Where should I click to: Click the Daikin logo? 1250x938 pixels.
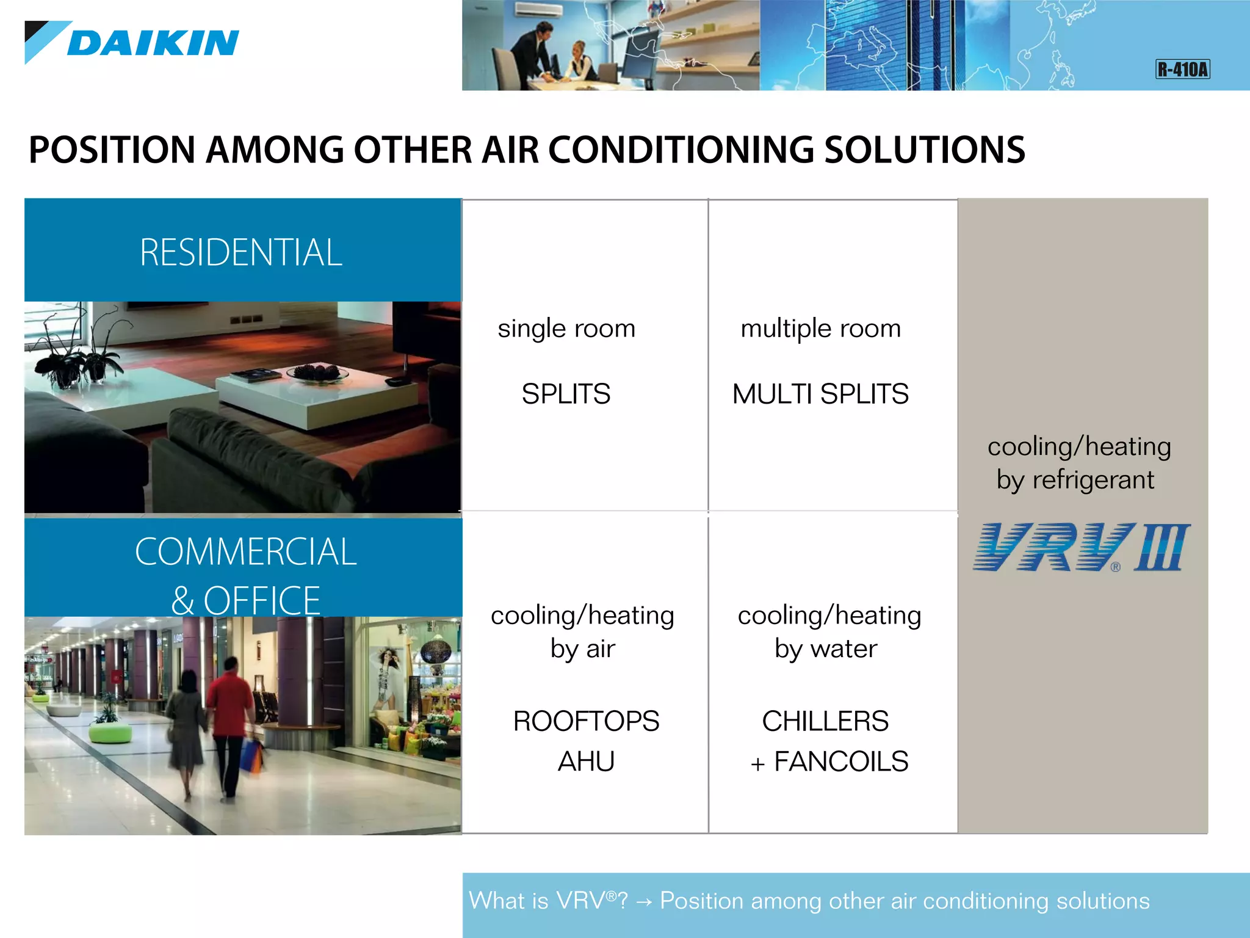[x=132, y=43]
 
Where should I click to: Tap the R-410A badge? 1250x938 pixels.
[x=1182, y=69]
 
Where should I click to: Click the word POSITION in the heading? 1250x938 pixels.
[x=112, y=150]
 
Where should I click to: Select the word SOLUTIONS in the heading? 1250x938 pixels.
[x=925, y=150]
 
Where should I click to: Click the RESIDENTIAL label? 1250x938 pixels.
[x=241, y=252]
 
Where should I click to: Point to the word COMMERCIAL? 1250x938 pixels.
[x=245, y=552]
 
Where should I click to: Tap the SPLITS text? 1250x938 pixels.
[x=566, y=394]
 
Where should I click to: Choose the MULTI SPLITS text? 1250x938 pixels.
[x=820, y=394]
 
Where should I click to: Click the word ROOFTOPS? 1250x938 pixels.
[x=586, y=721]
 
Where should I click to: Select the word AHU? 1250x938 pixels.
[x=586, y=762]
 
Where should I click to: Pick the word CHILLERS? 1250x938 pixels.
[x=825, y=721]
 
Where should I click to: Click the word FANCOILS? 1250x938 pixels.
[x=841, y=762]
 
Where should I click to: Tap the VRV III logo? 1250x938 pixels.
[x=1081, y=547]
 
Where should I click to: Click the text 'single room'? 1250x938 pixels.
[x=566, y=329]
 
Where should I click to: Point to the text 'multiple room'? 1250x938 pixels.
[x=820, y=329]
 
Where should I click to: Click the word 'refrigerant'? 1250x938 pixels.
[x=1093, y=480]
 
